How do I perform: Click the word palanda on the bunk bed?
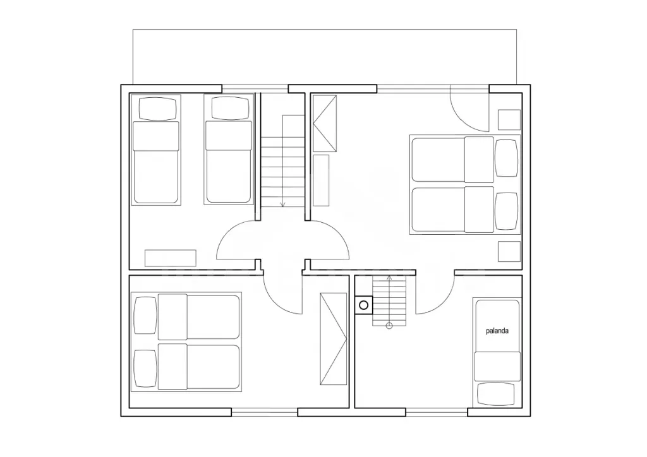(497, 331)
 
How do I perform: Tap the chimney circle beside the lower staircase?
(363, 306)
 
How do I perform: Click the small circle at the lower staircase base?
(389, 326)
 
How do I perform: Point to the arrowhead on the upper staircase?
(283, 204)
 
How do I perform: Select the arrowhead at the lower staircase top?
(389, 277)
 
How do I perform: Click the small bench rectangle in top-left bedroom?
(170, 258)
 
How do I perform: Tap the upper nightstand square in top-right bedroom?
(509, 120)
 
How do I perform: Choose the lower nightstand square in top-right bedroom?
(509, 251)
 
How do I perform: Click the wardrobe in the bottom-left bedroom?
(334, 339)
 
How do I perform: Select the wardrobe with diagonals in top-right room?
(324, 124)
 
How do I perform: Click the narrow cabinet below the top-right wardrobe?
(321, 181)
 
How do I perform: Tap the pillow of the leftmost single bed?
(157, 109)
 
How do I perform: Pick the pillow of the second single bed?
(230, 108)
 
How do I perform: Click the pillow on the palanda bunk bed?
(496, 394)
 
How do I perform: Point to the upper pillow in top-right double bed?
(506, 158)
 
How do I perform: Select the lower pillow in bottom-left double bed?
(146, 369)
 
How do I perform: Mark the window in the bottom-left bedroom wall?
(264, 412)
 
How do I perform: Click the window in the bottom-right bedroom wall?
(437, 412)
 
